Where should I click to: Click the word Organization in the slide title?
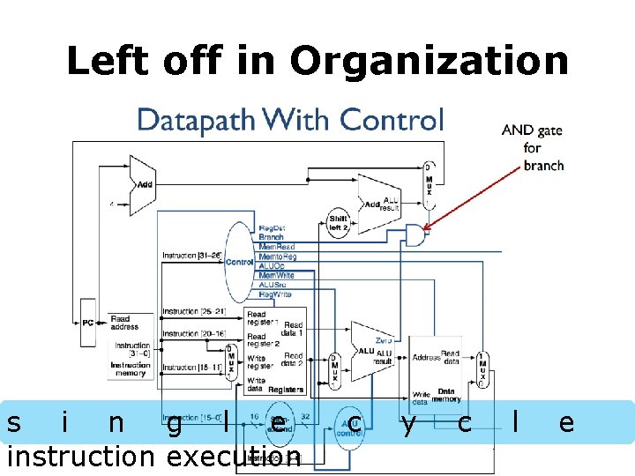pos(429,62)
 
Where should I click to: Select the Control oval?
pos(239,262)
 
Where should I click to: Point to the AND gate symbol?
pos(412,234)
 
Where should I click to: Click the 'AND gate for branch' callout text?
pos(532,148)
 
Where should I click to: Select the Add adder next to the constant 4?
pos(142,185)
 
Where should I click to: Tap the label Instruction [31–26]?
pos(190,256)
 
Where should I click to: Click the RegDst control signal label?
pos(272,228)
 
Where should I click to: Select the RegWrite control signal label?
pos(275,294)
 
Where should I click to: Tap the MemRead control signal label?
pos(277,247)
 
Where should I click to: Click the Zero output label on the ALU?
pos(384,340)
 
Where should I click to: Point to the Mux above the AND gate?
pos(428,185)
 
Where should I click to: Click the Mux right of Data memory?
pos(482,369)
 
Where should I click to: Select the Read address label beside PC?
pos(120,323)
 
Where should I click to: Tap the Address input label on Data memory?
pos(426,358)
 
